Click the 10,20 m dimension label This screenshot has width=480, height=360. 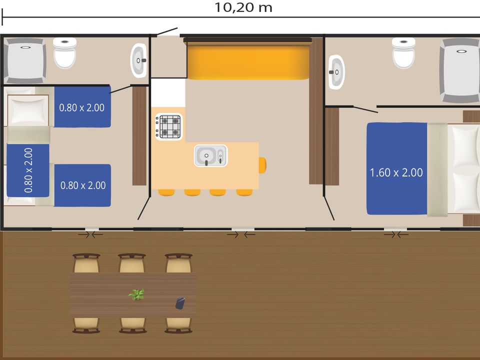(x=243, y=8)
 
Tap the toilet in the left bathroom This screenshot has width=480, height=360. (x=64, y=52)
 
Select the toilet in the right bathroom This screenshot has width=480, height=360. (x=404, y=52)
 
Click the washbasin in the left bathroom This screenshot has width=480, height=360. (x=139, y=60)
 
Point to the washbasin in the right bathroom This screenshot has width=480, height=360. (x=336, y=72)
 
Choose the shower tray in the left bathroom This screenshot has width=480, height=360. (x=25, y=61)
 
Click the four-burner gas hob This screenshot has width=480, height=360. (x=169, y=126)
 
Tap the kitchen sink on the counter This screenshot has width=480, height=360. (x=210, y=155)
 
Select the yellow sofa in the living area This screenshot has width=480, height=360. (x=248, y=60)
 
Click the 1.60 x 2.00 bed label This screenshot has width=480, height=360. (x=396, y=172)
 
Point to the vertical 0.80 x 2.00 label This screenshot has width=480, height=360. (x=28, y=170)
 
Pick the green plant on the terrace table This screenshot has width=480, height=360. (x=136, y=295)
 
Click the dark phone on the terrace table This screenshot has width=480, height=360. (x=180, y=303)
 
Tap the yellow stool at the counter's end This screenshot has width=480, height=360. (x=262, y=165)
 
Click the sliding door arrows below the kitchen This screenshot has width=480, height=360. (x=241, y=235)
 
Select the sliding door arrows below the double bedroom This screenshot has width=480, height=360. (x=396, y=235)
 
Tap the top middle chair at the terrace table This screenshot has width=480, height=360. (x=132, y=263)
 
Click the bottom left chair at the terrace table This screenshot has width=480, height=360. (x=86, y=325)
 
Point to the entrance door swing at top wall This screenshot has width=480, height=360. (x=167, y=32)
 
